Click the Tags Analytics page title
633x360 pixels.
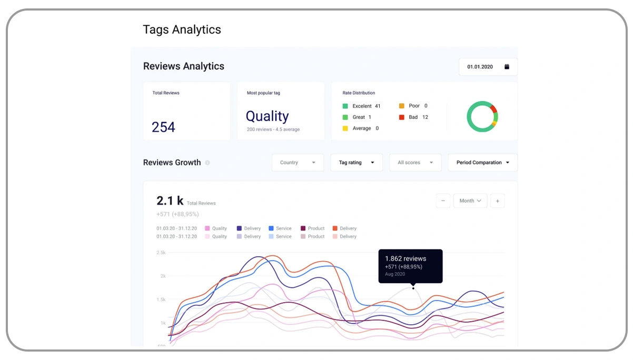pos(182,29)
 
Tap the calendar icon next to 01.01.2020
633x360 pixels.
pos(507,67)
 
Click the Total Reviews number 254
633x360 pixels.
pos(163,127)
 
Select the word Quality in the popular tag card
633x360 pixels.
pos(267,116)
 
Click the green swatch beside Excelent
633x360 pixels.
pos(345,106)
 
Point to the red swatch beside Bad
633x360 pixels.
pos(402,117)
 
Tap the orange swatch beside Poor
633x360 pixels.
pos(402,106)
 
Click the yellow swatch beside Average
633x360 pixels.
pos(345,128)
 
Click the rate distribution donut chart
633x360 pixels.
pos(482,117)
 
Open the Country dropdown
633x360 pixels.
pos(298,163)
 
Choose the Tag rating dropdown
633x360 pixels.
pos(357,163)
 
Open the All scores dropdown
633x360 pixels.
pos(415,163)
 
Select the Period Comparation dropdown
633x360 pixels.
pos(482,163)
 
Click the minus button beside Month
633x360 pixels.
pos(443,201)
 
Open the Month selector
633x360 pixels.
pos(470,201)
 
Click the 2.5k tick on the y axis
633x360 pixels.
pos(161,253)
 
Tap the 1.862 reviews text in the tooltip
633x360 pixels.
pos(405,258)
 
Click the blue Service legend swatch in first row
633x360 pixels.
pos(271,228)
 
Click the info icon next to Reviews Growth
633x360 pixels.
pos(207,163)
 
